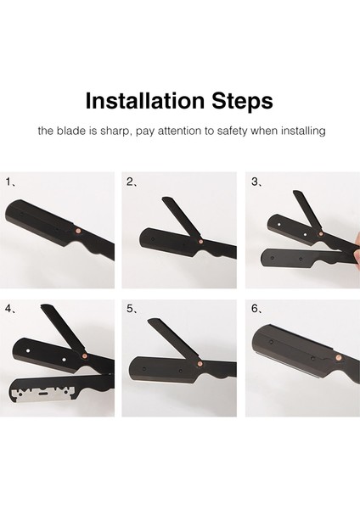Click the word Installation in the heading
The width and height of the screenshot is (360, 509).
145,101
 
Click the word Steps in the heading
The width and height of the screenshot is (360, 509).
242,102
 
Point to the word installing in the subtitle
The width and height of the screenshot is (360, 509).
303,131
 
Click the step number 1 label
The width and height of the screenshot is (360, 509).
8,182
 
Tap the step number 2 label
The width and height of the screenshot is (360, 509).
130,182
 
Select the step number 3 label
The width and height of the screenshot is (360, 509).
255,182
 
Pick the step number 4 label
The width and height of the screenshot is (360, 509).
8,309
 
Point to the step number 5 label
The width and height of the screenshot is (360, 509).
130,309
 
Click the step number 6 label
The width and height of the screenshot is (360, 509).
255,309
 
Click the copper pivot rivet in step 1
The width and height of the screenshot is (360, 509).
78,231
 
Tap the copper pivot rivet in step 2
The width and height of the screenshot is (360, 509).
200,241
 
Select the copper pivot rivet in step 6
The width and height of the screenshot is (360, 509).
339,357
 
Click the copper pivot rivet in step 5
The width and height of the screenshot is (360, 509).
200,364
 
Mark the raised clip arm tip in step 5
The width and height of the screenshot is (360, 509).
151,321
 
